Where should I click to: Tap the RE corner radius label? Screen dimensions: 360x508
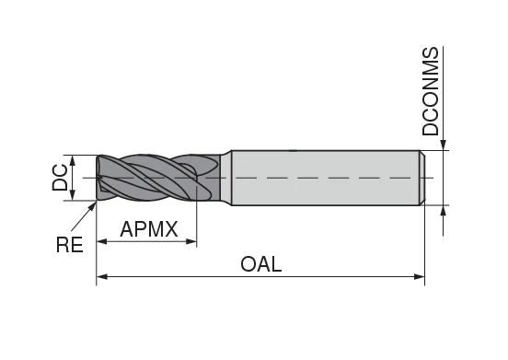(x=70, y=244)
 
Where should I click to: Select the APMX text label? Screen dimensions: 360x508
(x=148, y=229)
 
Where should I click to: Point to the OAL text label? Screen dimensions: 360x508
(x=260, y=264)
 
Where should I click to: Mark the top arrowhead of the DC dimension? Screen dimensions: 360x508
(x=75, y=159)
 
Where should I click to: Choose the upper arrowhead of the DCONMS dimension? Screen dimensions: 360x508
(x=444, y=145)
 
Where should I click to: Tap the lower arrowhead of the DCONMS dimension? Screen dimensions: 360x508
(x=444, y=209)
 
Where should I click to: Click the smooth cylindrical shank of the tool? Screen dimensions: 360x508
(x=322, y=177)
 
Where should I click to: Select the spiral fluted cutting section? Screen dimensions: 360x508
(x=147, y=176)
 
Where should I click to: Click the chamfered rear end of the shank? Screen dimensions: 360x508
(x=422, y=177)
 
